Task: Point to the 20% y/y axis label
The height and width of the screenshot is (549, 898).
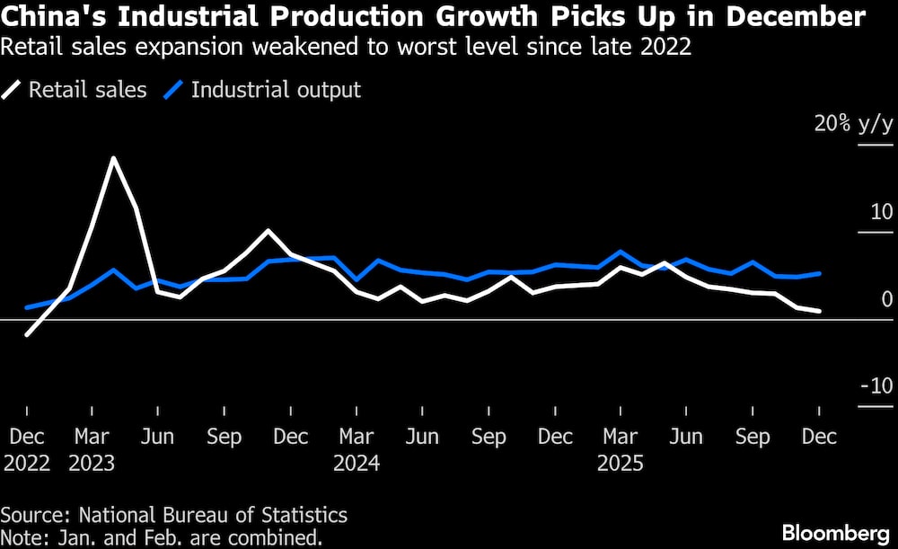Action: pos(853,124)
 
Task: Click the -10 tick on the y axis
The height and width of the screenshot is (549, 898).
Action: pos(876,386)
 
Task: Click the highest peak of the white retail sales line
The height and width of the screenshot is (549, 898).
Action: pos(113,158)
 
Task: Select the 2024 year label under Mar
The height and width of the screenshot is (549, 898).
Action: pos(357,464)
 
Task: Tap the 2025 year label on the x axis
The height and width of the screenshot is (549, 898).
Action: pos(621,464)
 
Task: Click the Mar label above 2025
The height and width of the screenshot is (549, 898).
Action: pos(621,438)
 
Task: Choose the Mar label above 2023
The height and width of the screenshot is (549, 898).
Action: pos(92,438)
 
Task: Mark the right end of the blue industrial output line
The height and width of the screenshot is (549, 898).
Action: pos(819,273)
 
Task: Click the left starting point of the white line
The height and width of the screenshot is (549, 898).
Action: pos(27,335)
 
